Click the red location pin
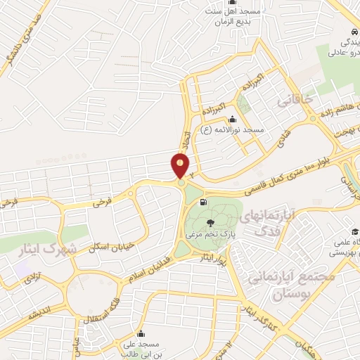click(x=181, y=166)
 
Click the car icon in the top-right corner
click(x=354, y=32)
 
